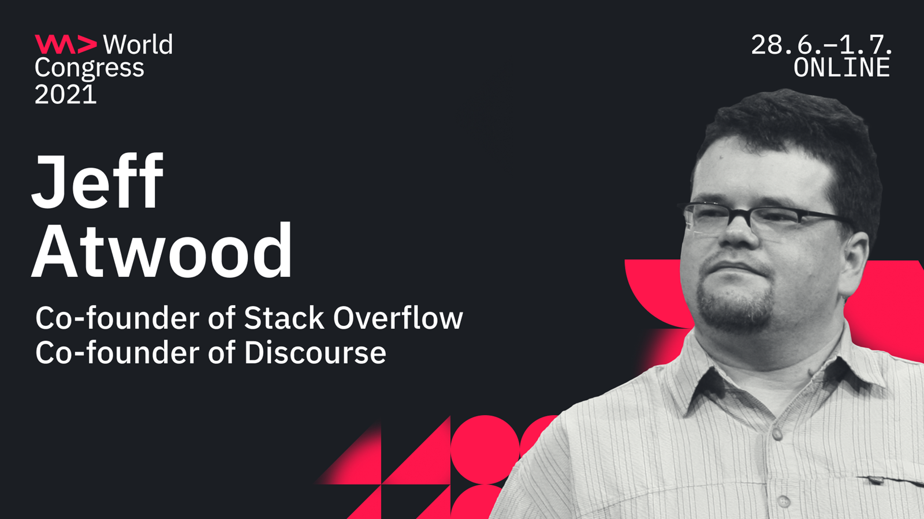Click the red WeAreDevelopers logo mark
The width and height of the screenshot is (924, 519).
click(x=66, y=44)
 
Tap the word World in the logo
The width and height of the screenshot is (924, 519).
click(x=138, y=44)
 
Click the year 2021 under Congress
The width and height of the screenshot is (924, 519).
click(x=66, y=95)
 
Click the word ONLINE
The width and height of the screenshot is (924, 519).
click(x=842, y=67)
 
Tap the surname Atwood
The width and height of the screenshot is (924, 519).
click(x=162, y=250)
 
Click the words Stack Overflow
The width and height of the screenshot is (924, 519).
click(x=353, y=318)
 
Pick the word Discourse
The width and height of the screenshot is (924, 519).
click(x=315, y=352)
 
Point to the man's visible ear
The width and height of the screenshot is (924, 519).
click(x=855, y=264)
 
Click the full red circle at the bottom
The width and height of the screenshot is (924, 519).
click(x=485, y=449)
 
